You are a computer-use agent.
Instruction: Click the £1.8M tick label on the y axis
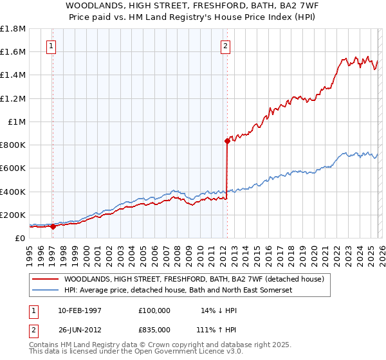(13, 29)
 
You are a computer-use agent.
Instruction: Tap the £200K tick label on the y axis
(13, 215)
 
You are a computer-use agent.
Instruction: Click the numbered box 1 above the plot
(51, 46)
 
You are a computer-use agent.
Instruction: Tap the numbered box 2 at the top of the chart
(226, 46)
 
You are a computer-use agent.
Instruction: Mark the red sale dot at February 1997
(53, 226)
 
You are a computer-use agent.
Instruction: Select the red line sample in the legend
(45, 280)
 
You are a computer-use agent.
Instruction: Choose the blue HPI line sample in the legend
(45, 291)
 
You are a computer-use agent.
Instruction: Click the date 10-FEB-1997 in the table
(79, 310)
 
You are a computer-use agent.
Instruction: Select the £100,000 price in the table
(154, 310)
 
